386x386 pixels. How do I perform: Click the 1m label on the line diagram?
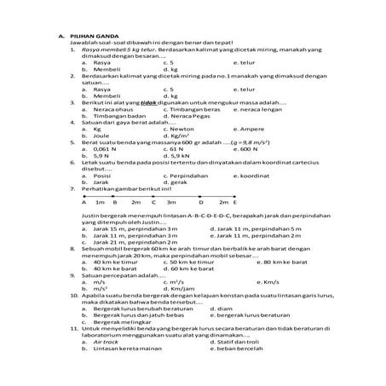pyautogui.click(x=100, y=203)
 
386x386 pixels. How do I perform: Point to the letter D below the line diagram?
pyautogui.click(x=200, y=203)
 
